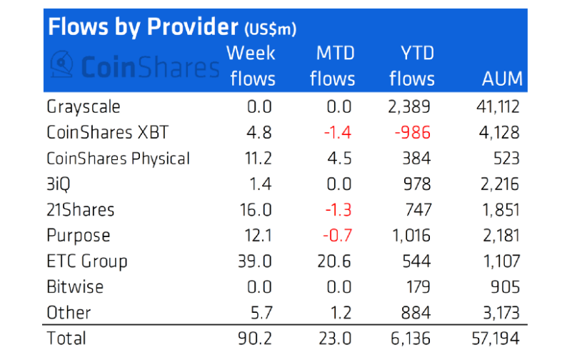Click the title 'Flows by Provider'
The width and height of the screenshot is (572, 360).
point(141,27)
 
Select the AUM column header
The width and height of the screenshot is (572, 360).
point(502,79)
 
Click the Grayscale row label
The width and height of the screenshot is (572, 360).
point(84,106)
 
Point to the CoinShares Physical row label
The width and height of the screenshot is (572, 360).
point(118,158)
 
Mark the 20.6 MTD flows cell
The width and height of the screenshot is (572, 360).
point(334,261)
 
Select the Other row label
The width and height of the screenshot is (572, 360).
point(69,312)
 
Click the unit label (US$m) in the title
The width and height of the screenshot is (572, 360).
point(270,30)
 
